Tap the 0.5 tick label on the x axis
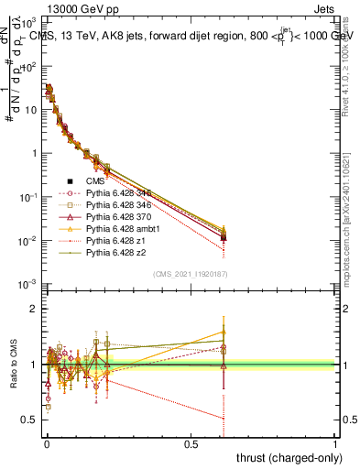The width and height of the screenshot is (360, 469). click(191, 443)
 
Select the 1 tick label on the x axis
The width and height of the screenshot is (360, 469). click(335, 443)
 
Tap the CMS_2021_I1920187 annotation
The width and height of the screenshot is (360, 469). click(191, 274)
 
